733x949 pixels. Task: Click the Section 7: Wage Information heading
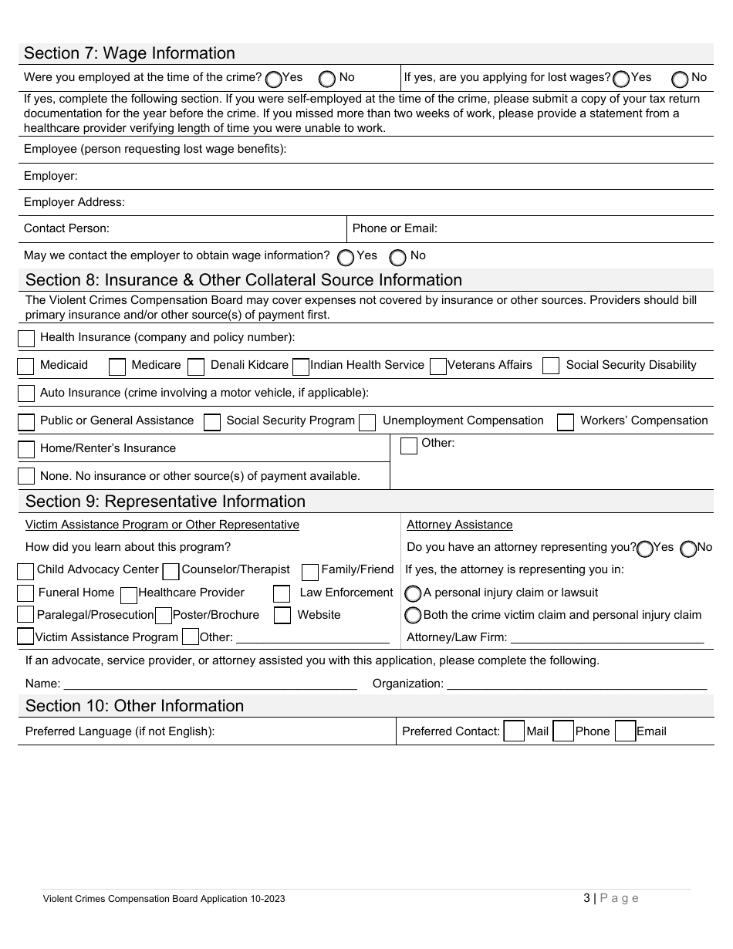click(x=130, y=53)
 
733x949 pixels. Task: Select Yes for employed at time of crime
click(x=273, y=79)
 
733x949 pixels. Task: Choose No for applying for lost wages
click(x=680, y=79)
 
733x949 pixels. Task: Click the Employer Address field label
click(x=74, y=202)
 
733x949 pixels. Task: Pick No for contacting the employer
click(x=398, y=257)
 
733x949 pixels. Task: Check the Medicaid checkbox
click(x=25, y=366)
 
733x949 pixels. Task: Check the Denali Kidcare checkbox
click(x=196, y=366)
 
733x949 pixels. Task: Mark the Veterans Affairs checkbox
click(x=437, y=366)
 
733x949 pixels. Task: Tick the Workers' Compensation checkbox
click(x=566, y=422)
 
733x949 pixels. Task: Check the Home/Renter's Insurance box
click(x=26, y=449)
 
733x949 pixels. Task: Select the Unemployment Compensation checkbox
click(x=368, y=422)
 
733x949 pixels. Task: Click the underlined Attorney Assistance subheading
click(x=459, y=525)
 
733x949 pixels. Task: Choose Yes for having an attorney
click(x=645, y=548)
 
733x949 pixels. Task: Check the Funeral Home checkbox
click(x=25, y=593)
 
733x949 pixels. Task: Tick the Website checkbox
click(x=282, y=616)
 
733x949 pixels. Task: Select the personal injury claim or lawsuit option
click(x=413, y=593)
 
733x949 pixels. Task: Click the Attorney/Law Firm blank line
click(x=607, y=637)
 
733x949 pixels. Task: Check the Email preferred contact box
click(x=625, y=731)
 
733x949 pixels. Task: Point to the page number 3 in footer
click(x=586, y=898)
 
